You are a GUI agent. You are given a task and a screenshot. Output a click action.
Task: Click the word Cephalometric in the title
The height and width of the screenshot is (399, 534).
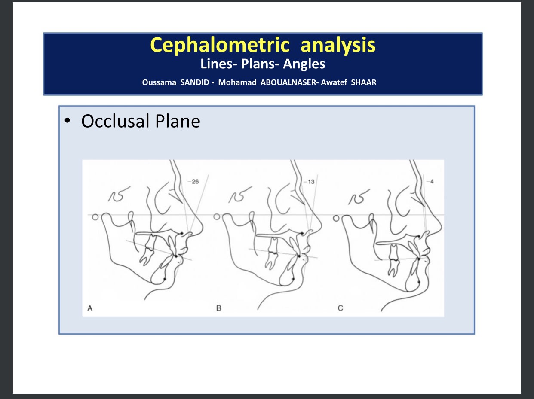click(220, 46)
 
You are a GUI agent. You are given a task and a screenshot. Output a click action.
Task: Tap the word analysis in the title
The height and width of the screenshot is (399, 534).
click(338, 46)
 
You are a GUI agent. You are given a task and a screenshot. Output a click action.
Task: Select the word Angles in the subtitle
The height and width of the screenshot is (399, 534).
click(304, 64)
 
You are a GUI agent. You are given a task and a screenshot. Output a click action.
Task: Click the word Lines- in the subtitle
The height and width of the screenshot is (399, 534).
click(219, 64)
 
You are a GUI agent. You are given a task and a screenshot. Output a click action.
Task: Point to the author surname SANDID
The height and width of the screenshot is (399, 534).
click(195, 82)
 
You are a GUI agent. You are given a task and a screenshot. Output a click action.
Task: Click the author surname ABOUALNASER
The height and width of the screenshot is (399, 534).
click(288, 82)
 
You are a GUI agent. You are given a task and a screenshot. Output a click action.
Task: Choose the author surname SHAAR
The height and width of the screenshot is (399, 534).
click(364, 82)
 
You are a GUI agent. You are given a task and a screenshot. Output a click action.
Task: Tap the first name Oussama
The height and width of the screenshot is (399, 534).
click(159, 82)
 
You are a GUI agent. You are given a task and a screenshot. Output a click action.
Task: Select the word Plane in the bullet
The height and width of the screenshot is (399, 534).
click(178, 121)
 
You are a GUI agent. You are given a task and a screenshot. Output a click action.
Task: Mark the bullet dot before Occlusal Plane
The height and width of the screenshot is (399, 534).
click(68, 121)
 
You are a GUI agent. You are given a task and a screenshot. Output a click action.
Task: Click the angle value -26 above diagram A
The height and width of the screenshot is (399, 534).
click(193, 182)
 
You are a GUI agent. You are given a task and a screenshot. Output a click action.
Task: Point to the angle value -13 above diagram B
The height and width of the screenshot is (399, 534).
click(309, 182)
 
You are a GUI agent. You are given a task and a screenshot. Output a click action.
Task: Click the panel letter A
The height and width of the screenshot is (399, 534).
click(90, 308)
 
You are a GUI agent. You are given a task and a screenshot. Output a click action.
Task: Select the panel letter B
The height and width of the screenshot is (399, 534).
click(219, 308)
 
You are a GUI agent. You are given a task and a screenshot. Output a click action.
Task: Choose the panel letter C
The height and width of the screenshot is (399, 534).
click(341, 308)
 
